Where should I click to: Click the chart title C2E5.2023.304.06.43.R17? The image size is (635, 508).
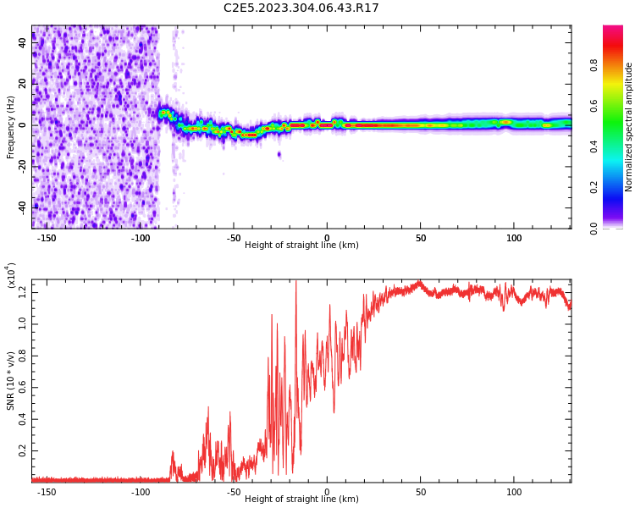pos(301,8)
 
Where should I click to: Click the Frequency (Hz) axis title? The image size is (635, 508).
pos(11,127)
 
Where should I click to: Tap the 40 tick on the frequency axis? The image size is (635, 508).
pos(23,43)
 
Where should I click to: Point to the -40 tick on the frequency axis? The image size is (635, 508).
pos(21,207)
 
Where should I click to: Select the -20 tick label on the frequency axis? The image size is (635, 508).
pos(21,166)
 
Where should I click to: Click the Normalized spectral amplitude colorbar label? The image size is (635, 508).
pos(629,127)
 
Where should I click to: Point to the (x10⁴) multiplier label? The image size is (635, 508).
pos(11,275)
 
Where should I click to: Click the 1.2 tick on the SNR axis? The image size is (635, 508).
pos(22,292)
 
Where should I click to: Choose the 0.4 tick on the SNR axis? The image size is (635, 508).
pos(22,419)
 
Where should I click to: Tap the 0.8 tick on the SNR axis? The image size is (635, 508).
pos(22,356)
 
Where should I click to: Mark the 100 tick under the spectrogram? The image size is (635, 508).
pos(514,238)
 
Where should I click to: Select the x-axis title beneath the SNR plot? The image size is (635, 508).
pos(301,500)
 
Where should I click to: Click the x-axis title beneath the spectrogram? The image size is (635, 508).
pos(301,246)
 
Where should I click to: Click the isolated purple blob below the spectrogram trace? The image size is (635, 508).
pos(279,154)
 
